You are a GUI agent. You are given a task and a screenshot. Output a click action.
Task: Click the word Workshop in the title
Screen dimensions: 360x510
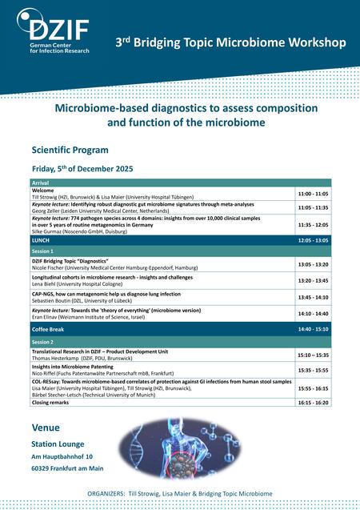click(307, 40)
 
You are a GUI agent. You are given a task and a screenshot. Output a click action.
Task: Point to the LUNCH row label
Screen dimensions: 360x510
click(41, 240)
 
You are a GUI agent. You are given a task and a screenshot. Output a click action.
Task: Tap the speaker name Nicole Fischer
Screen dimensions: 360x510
click(50, 268)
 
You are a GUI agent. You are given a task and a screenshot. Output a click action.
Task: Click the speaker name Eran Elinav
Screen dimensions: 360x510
click(48, 317)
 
